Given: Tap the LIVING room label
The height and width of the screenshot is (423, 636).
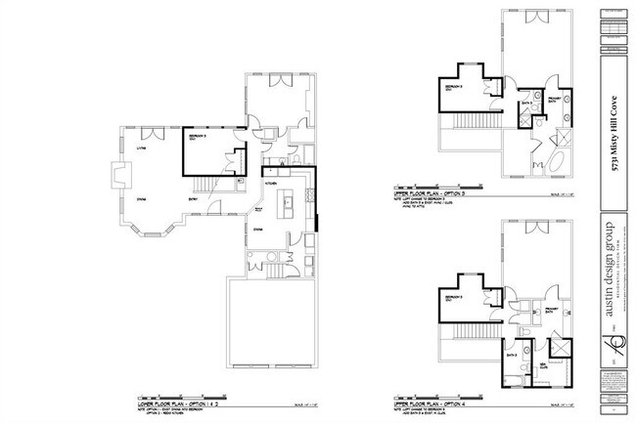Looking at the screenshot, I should [x=129, y=148].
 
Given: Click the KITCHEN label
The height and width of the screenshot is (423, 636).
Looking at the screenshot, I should [x=271, y=183].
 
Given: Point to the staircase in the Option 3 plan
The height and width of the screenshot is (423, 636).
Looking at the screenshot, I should [x=461, y=122].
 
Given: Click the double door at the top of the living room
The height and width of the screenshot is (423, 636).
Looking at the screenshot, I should [x=150, y=132].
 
